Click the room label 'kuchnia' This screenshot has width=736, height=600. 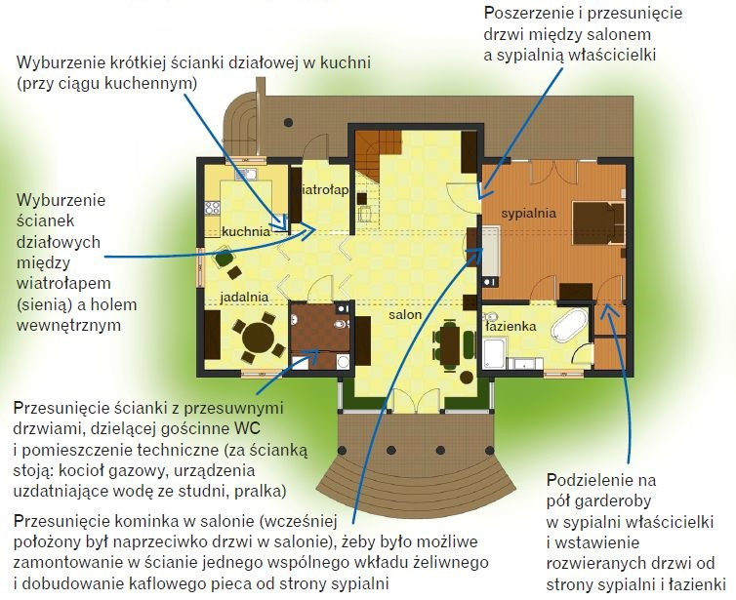246,231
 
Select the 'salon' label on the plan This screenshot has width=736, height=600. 405,314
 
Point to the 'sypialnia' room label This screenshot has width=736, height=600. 528,214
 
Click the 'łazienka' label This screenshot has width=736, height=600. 511,326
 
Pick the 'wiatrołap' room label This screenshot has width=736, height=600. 324,189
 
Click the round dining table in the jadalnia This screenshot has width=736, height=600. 258,337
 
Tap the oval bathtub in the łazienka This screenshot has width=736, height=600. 569,325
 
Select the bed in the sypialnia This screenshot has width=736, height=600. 598,222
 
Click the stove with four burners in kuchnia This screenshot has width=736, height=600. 213,208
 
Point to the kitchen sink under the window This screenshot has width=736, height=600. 246,175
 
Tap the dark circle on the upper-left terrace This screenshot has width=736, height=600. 288,123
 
